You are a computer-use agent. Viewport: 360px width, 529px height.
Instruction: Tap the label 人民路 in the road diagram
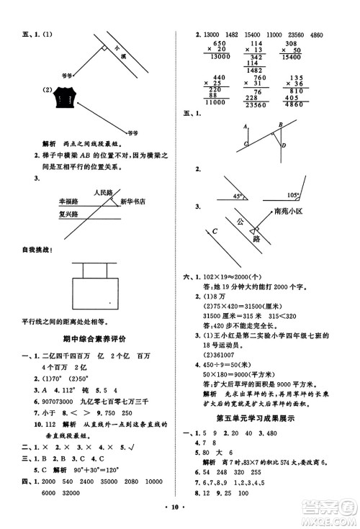[104, 193]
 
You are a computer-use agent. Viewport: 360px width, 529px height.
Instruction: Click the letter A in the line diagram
[246, 125]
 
